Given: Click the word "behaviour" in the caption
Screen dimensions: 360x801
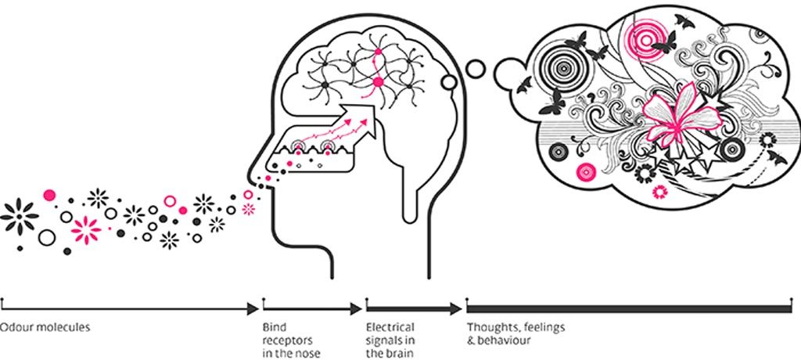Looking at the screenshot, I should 504,340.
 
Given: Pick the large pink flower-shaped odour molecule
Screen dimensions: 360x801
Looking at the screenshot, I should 85,230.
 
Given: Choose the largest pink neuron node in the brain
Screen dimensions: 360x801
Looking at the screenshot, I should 379,81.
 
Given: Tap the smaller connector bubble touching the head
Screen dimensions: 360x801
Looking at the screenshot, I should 450,81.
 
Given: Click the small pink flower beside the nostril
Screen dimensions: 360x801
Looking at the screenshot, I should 250,207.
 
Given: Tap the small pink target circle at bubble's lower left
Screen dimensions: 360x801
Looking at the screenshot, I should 584,171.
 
